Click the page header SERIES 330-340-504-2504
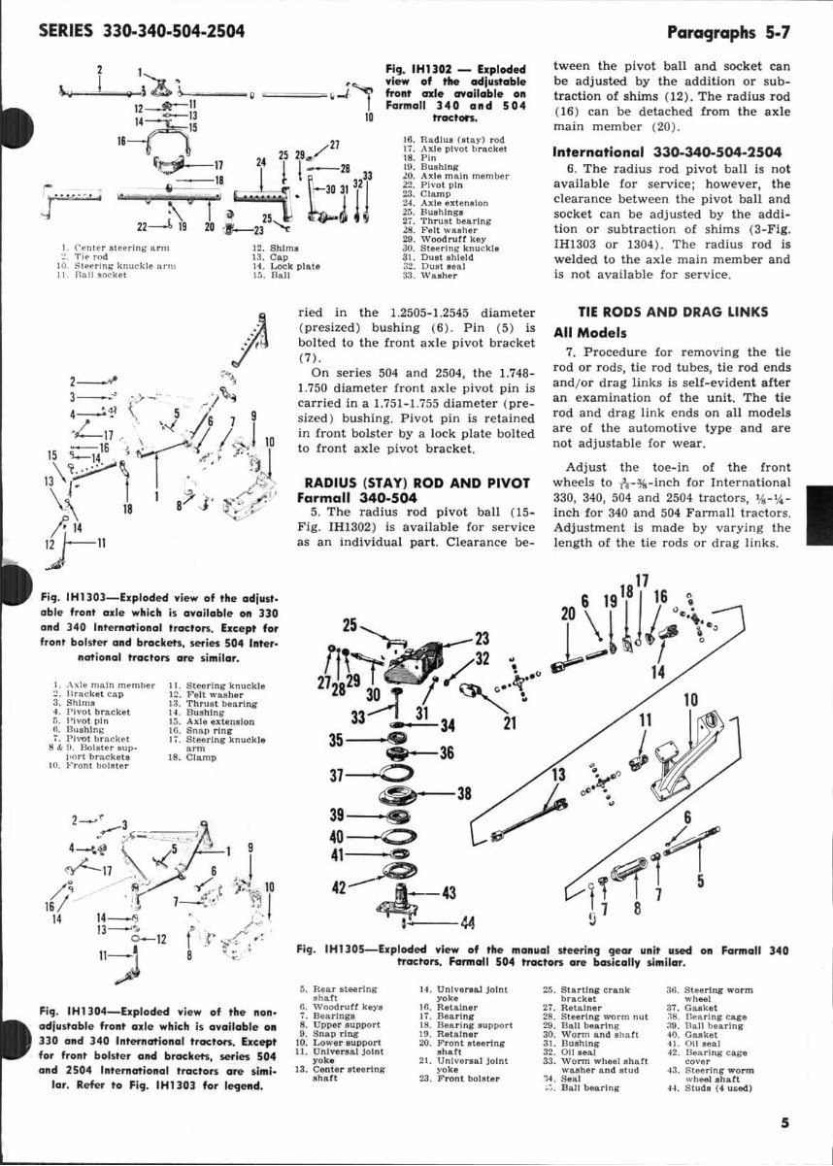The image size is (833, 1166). [x=141, y=32]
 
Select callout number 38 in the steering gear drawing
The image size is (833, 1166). [x=464, y=793]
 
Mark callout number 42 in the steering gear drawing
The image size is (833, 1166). [x=340, y=887]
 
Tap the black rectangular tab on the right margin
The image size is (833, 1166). [x=822, y=510]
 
